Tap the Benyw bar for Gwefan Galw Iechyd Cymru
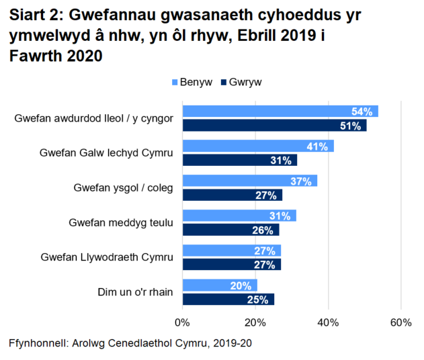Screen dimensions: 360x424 tap(257, 146)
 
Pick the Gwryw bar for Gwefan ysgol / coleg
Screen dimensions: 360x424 tap(232, 195)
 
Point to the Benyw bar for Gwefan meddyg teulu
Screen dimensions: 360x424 tap(239, 216)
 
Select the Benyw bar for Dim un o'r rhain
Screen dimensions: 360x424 tap(219, 285)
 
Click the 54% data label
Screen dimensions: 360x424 tap(364, 111)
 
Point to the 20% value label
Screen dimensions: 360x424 tap(241, 285)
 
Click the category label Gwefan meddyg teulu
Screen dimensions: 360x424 tap(121, 222)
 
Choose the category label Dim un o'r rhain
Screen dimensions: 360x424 tap(133, 292)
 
